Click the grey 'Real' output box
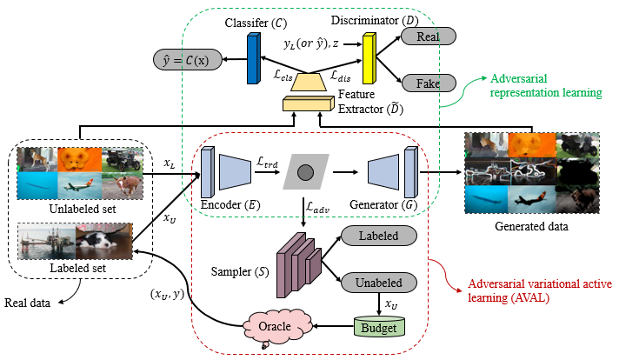point(426,37)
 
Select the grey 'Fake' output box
point(426,83)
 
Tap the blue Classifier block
point(254,59)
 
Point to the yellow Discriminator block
point(369,59)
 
